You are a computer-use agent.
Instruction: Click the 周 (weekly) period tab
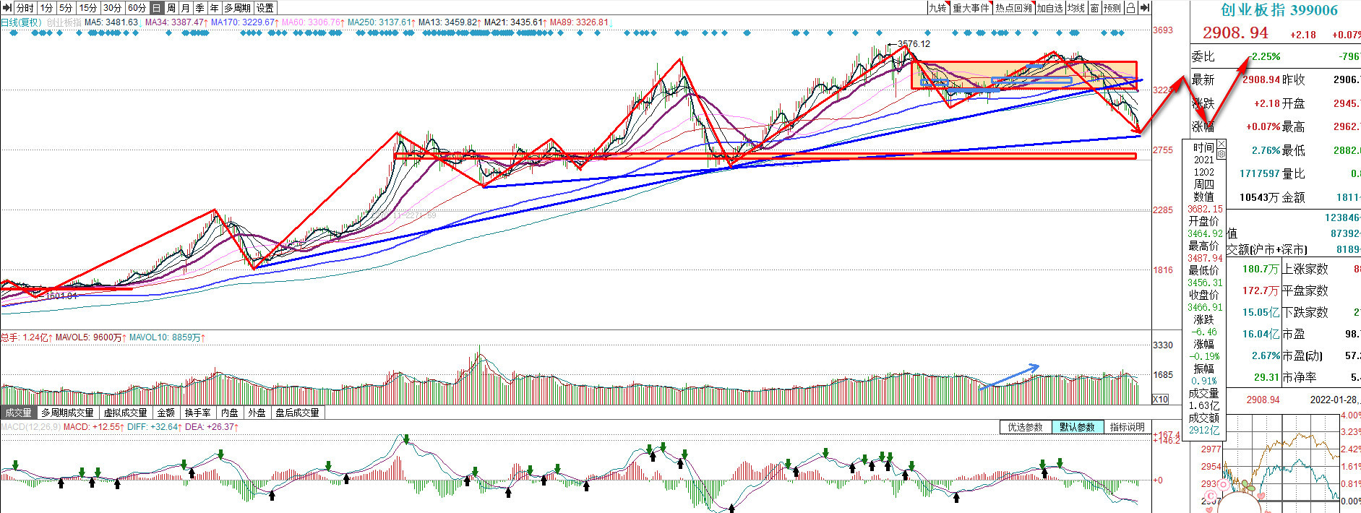point(171,8)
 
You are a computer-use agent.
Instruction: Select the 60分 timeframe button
point(136,8)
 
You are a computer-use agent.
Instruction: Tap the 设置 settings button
point(265,8)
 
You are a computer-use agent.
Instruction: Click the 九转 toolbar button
point(937,8)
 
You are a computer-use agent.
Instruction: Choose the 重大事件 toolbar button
point(971,8)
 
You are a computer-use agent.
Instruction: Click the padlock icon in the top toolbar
point(1130,8)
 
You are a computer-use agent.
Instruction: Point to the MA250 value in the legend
point(379,22)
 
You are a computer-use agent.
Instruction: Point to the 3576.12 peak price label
point(914,44)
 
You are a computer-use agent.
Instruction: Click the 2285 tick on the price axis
point(1163,210)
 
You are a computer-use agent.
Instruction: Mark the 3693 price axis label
point(1163,30)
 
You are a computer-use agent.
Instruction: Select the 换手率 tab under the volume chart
point(197,413)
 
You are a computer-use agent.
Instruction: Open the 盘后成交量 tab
point(297,413)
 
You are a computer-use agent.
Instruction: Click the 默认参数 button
point(1077,427)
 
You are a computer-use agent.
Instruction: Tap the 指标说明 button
point(1127,427)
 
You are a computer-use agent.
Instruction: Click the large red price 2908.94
point(1235,33)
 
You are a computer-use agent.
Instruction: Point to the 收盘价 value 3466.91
point(1205,307)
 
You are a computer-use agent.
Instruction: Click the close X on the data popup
point(1222,144)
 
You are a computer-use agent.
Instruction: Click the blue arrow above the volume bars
point(1010,376)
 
